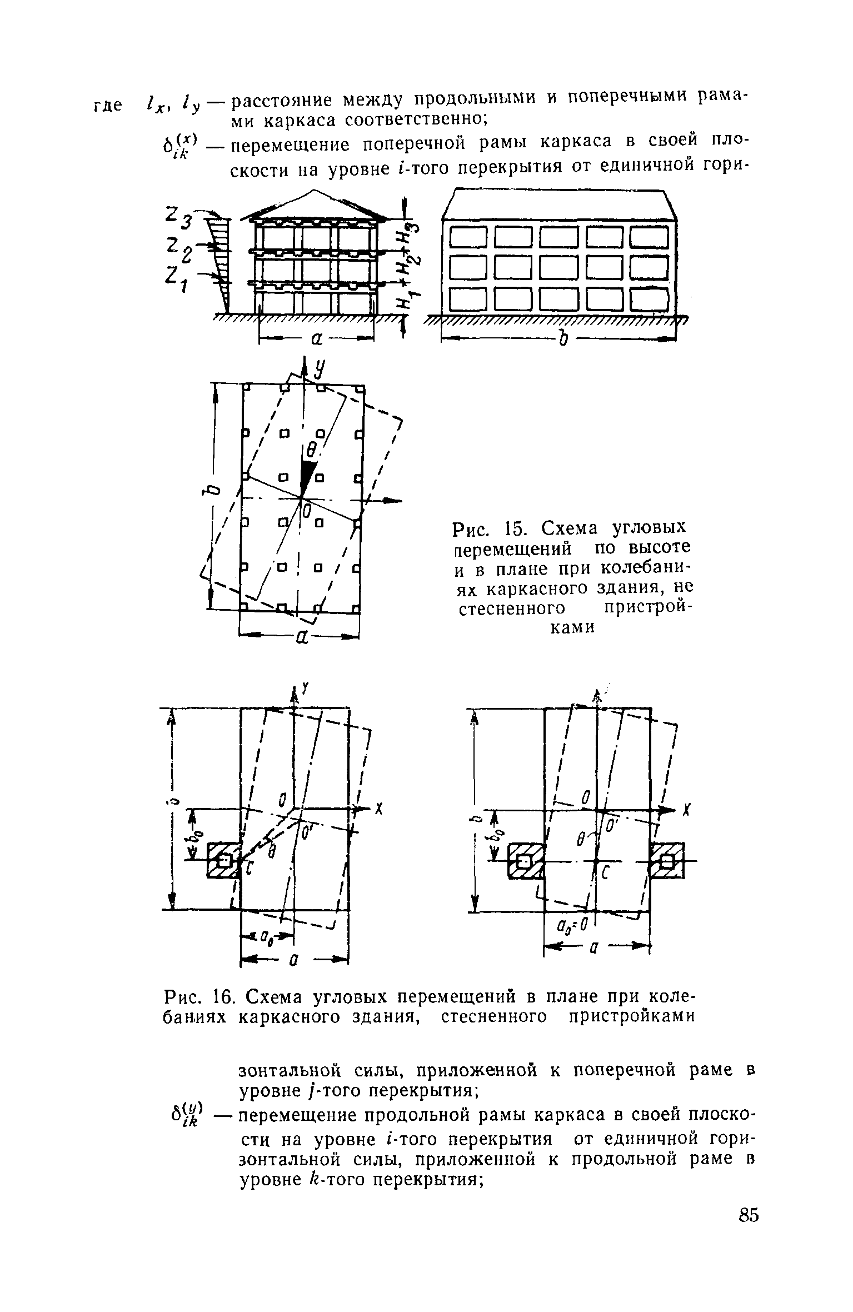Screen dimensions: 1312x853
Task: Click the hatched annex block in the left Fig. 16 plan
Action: (222, 860)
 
